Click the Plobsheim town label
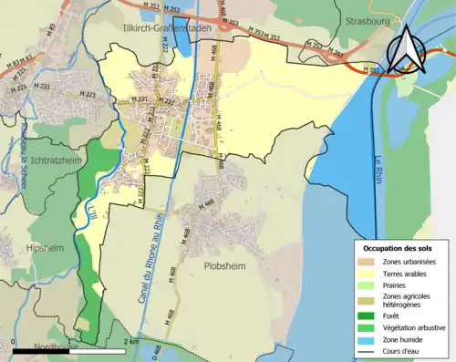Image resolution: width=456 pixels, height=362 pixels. (217, 267)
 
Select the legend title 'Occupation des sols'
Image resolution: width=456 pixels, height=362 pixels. (398, 247)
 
